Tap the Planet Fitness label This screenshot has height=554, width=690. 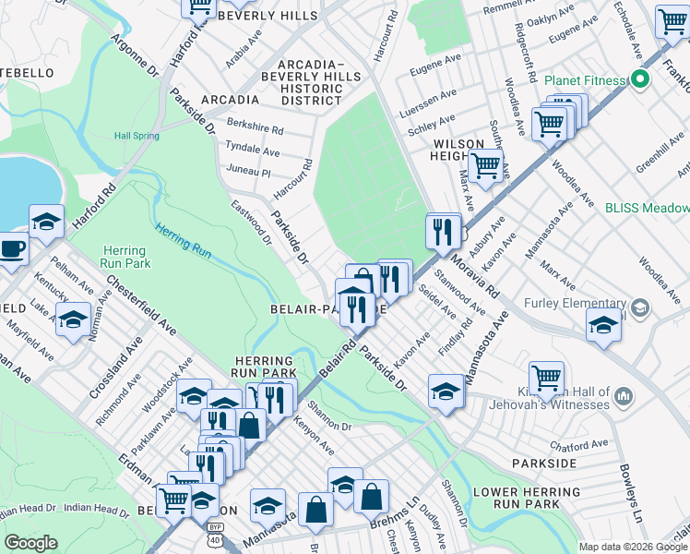tap(585, 80)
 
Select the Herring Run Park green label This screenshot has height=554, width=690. tap(124, 257)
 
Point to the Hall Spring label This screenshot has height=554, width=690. tap(137, 136)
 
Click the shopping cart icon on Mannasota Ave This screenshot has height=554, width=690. tap(546, 378)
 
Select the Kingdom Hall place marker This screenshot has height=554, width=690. tap(624, 396)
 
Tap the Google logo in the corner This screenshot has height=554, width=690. tap(30, 543)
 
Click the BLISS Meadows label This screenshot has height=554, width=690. tap(647, 209)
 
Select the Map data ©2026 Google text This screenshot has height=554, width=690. tap(633, 547)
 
